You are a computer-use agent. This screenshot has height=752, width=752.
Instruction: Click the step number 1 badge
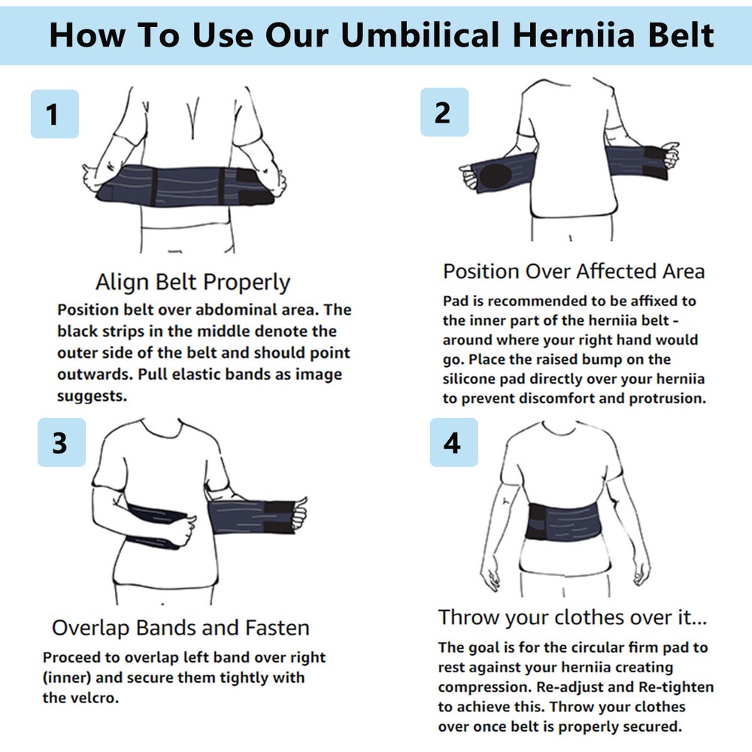54,114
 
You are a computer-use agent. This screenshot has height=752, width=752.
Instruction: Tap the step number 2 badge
444,112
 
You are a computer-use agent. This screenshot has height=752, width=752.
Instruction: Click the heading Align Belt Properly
193,283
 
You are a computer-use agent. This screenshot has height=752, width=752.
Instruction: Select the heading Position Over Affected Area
574,271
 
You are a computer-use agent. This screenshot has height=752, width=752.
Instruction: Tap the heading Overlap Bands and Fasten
180,627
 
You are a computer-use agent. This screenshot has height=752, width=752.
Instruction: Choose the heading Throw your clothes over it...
573,617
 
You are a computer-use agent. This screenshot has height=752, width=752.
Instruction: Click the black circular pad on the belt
494,175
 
